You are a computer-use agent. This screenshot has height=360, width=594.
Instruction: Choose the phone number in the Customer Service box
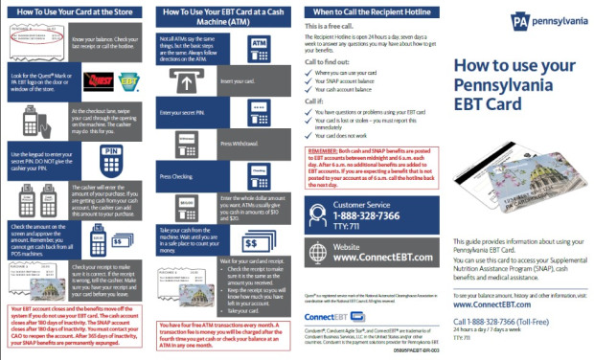click(369, 216)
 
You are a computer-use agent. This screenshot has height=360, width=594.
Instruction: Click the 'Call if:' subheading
click(315, 100)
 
